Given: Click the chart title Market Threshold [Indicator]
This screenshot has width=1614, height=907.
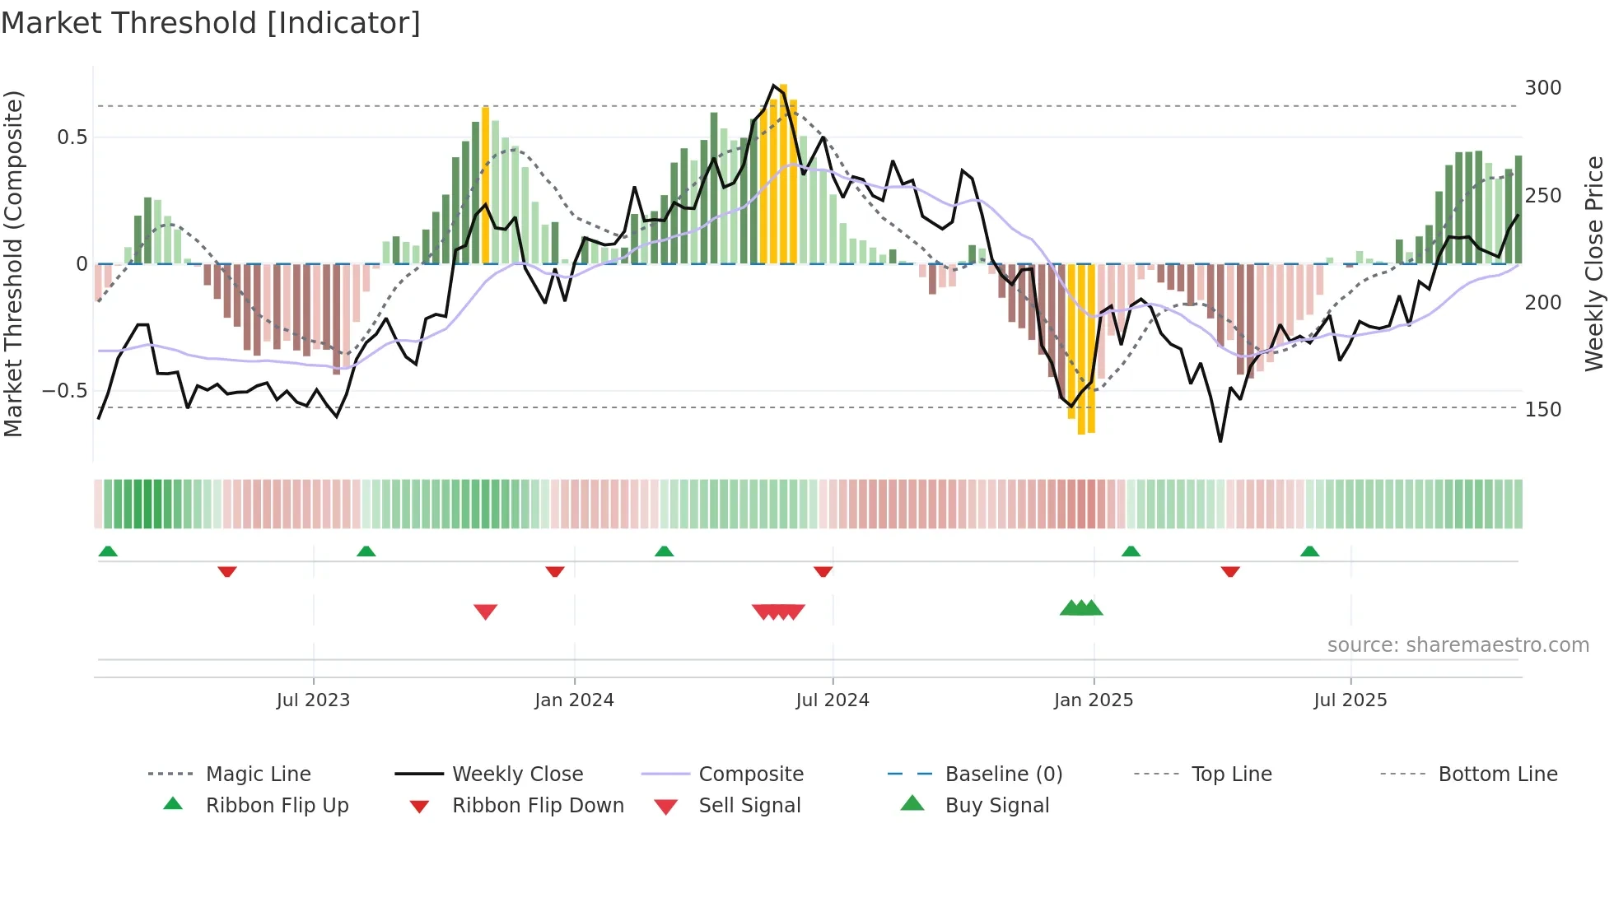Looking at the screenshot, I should click(x=211, y=23).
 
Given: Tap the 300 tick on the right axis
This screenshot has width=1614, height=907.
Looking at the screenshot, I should click(x=1542, y=88).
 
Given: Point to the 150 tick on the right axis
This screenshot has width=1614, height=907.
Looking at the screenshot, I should click(x=1542, y=410).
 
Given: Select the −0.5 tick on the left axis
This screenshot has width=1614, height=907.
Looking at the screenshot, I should click(x=65, y=391).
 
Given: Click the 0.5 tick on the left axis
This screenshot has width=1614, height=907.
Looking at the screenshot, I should click(x=72, y=137).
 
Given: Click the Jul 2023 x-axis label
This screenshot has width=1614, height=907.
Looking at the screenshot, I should click(x=313, y=700).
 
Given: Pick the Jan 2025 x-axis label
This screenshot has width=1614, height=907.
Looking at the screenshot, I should click(x=1093, y=700).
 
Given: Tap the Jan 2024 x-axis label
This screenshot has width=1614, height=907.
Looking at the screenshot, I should click(x=574, y=700).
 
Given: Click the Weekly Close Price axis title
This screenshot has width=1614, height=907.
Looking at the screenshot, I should click(x=1594, y=263).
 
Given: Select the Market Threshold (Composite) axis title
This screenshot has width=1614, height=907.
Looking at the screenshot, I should click(x=13, y=263).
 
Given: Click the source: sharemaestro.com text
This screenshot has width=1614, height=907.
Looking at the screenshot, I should click(x=1458, y=645).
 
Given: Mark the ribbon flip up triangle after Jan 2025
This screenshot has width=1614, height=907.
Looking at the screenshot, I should click(x=1131, y=551).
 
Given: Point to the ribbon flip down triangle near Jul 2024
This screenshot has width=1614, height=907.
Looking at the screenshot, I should click(x=823, y=571).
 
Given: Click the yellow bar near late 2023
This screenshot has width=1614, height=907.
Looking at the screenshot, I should click(x=486, y=185).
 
